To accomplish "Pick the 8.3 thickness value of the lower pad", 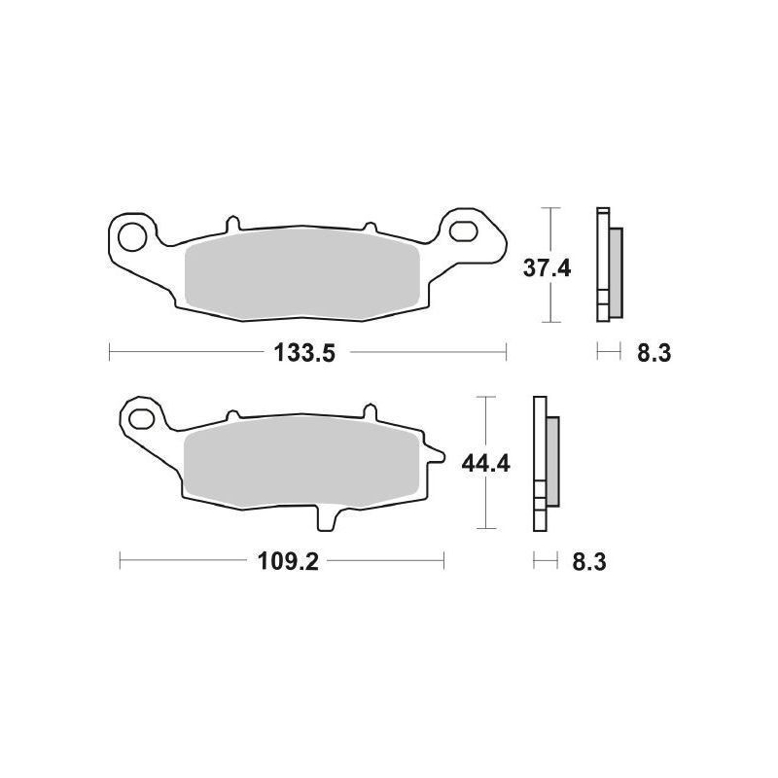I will (591, 561).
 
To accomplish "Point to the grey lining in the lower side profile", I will (553, 462).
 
